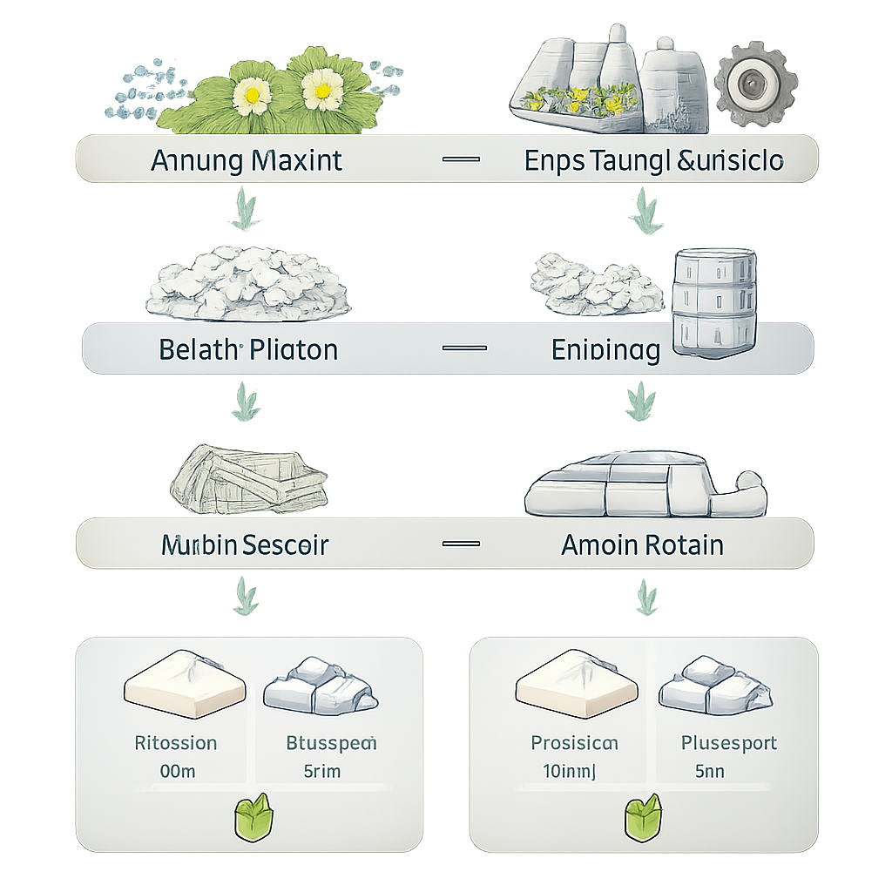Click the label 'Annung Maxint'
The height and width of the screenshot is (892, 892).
pyautogui.click(x=247, y=160)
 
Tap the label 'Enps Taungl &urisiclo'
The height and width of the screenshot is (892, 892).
pyautogui.click(x=654, y=160)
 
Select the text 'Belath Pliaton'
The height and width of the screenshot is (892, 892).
pyautogui.click(x=248, y=350)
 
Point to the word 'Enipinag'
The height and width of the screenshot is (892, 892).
pyautogui.click(x=605, y=350)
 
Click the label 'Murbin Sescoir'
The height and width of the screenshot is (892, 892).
pyautogui.click(x=245, y=545)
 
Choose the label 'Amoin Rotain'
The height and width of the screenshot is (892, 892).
pyautogui.click(x=642, y=545)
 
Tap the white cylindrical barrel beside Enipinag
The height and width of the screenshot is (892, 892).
pyautogui.click(x=714, y=296)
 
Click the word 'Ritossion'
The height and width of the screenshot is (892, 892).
pyautogui.click(x=176, y=743)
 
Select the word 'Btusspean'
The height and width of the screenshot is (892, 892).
pyautogui.click(x=331, y=743)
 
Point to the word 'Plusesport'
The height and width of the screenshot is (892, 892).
pyautogui.click(x=728, y=743)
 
